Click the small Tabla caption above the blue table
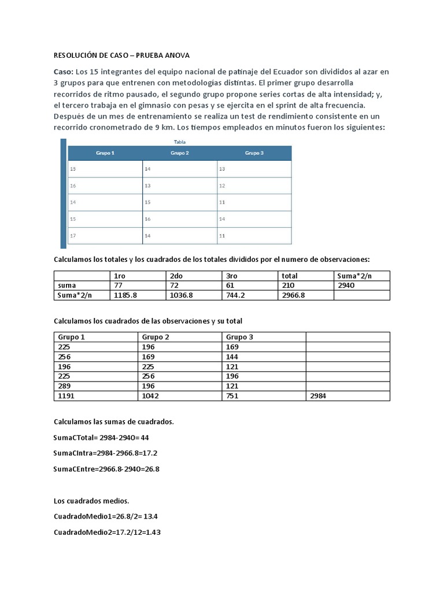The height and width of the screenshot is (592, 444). click(180, 142)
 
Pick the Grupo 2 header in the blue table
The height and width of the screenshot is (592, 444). click(180, 153)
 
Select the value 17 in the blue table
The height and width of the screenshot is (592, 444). click(73, 236)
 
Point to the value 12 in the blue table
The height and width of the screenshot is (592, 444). click(222, 186)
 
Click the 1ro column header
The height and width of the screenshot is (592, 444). click(120, 276)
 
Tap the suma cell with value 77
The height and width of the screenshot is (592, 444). click(120, 286)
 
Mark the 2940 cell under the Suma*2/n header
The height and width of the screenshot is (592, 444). click(346, 286)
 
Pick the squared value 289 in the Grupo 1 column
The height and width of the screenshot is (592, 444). click(65, 386)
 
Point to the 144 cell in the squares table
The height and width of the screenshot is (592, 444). click(232, 356)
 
